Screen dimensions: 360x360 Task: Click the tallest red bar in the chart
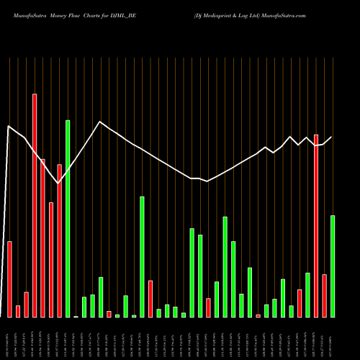35,205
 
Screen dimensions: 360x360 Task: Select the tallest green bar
68,218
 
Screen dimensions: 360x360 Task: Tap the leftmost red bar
9,279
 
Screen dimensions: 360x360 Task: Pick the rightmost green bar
333,266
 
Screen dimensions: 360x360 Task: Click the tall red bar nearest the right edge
316,225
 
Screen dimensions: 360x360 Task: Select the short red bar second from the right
325,295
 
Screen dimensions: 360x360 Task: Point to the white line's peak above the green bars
100,122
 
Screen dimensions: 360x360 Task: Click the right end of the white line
332,137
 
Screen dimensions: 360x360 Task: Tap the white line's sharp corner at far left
9,127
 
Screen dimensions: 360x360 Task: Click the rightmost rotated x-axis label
333,338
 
